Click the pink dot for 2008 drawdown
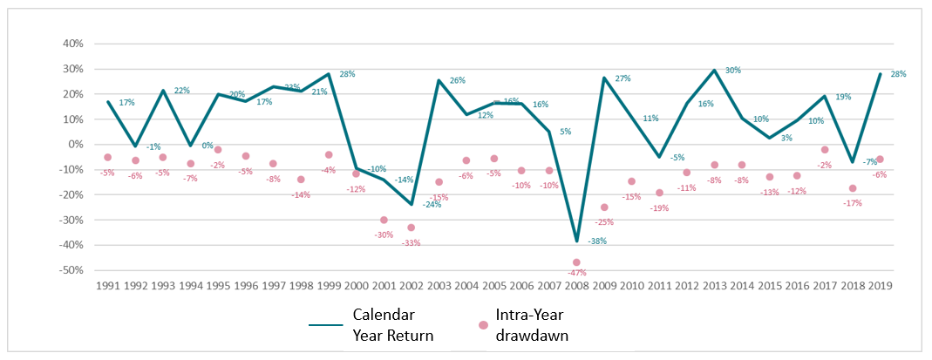(576, 262)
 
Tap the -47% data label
(576, 274)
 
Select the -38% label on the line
(597, 241)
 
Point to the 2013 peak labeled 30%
(714, 71)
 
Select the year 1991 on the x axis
(108, 285)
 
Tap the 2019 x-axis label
(879, 285)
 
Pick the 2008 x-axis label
(576, 285)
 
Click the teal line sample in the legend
(328, 324)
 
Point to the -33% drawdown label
(411, 242)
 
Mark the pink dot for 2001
(384, 220)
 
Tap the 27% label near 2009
(622, 79)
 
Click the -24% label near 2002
(432, 205)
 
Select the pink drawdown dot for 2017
(824, 150)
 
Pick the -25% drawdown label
(603, 221)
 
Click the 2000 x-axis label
(356, 285)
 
